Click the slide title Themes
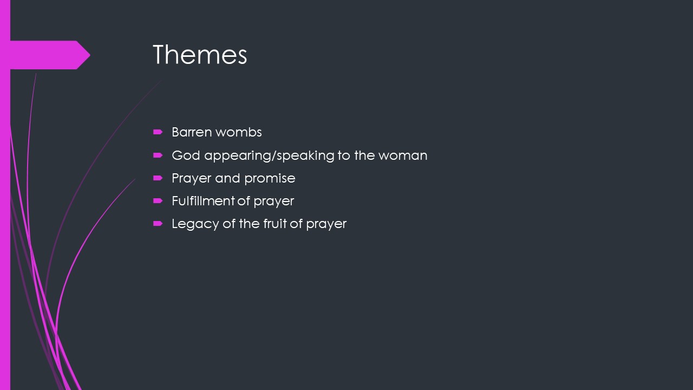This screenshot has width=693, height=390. (200, 55)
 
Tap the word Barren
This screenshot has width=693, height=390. (192, 132)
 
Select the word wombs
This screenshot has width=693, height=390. (239, 132)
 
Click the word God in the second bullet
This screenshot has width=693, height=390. (186, 155)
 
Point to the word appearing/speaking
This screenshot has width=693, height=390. (269, 155)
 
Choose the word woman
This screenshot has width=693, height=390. (403, 155)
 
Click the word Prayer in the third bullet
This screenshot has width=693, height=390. (191, 179)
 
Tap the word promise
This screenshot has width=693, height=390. (270, 179)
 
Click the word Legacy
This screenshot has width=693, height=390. (195, 224)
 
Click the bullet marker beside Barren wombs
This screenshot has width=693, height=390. (158, 132)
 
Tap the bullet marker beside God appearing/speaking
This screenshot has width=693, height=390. (158, 155)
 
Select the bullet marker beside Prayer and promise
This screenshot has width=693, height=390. (158, 178)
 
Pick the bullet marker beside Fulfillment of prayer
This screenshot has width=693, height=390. (158, 201)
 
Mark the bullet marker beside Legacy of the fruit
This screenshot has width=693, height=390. (158, 224)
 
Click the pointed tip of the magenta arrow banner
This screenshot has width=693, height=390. (90, 55)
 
